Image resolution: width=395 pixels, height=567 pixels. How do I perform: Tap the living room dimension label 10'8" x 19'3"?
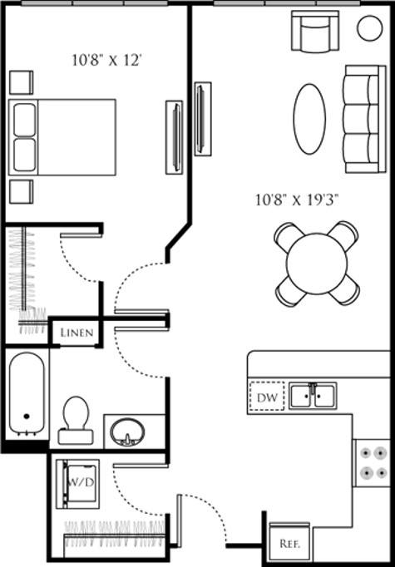click(x=297, y=200)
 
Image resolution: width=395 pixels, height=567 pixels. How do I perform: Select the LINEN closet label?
click(x=76, y=333)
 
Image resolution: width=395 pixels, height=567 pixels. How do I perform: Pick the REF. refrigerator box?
click(x=289, y=544)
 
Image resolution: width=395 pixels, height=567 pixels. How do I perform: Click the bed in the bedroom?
click(x=62, y=137)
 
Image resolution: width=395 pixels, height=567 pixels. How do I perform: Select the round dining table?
click(x=317, y=263)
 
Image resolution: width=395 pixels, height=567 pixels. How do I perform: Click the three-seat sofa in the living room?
click(x=364, y=117)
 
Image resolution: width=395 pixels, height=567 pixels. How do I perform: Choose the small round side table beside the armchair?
click(x=369, y=27)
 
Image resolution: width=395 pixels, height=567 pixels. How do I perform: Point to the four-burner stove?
click(x=370, y=462)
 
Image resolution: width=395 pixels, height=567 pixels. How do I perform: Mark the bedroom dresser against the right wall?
click(x=174, y=136)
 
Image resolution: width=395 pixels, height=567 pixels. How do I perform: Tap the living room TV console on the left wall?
click(x=202, y=118)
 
